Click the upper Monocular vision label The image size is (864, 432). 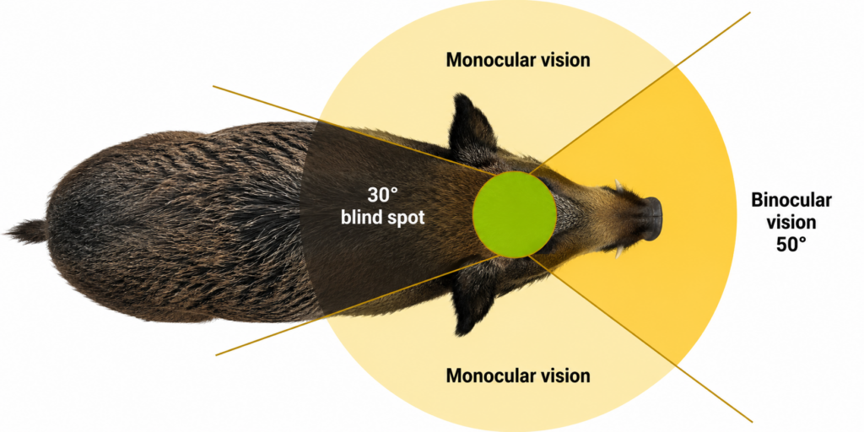pyautogui.click(x=518, y=60)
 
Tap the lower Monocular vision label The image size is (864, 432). pyautogui.click(x=518, y=375)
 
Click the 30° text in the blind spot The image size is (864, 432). pyautogui.click(x=382, y=195)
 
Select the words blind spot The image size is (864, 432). pyautogui.click(x=382, y=218)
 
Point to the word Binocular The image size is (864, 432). pyautogui.click(x=791, y=201)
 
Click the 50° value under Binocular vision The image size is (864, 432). pyautogui.click(x=791, y=245)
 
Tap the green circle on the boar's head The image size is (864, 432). pyautogui.click(x=514, y=214)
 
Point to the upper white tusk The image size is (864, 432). pyautogui.click(x=619, y=186)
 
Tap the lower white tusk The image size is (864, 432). pyautogui.click(x=619, y=252)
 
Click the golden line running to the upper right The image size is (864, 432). pyautogui.click(x=640, y=93)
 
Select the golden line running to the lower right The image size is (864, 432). pyautogui.click(x=641, y=338)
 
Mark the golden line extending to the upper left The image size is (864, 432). pyautogui.click(x=354, y=130)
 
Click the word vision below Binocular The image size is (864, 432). pyautogui.click(x=791, y=223)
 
